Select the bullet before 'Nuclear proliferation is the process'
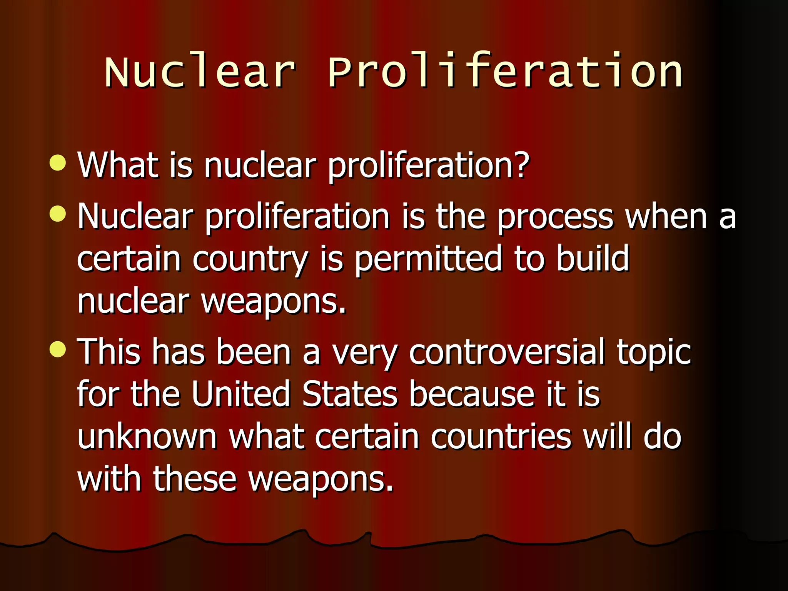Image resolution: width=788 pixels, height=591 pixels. pyautogui.click(x=58, y=214)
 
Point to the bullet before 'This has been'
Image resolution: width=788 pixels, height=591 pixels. pyautogui.click(x=58, y=349)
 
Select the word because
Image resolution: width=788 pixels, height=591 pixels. pyautogui.click(x=472, y=394)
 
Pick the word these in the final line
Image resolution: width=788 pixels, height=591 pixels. pyautogui.click(x=195, y=479)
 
